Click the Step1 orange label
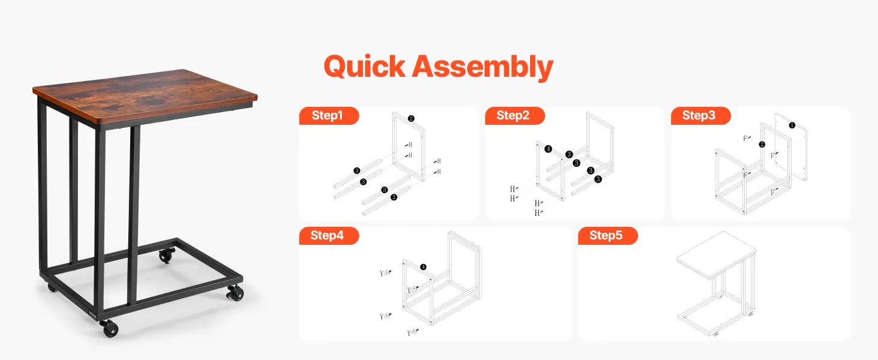pyautogui.click(x=329, y=116)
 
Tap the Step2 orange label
pyautogui.click(x=515, y=116)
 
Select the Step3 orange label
pyautogui.click(x=700, y=116)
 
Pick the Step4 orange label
pyautogui.click(x=329, y=236)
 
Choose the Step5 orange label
pyautogui.click(x=608, y=236)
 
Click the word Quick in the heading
pyautogui.click(x=365, y=66)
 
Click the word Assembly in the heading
pyautogui.click(x=483, y=67)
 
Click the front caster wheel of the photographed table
pyautogui.click(x=109, y=328)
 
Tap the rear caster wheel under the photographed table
pyautogui.click(x=167, y=256)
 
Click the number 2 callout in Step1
pyautogui.click(x=411, y=118)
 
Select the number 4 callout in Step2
pyautogui.click(x=548, y=149)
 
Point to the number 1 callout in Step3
pyautogui.click(x=792, y=125)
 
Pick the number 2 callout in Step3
pyautogui.click(x=762, y=145)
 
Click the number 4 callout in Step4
pyautogui.click(x=423, y=267)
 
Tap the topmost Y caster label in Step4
pyautogui.click(x=385, y=273)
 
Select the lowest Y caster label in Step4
pyautogui.click(x=413, y=332)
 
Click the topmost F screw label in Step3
pyautogui.click(x=747, y=138)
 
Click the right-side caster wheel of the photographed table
pyautogui.click(x=235, y=293)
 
